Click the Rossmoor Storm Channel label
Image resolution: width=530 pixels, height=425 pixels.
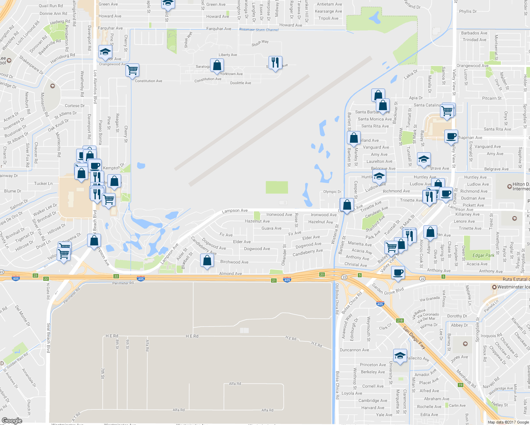tap(259, 30)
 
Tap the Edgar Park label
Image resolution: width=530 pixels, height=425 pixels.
tap(483, 255)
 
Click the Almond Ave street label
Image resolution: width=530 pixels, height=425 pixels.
tap(231, 273)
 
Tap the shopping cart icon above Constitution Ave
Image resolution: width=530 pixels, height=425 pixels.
tap(132, 70)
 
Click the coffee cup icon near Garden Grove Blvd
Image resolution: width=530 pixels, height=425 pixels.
tap(398, 272)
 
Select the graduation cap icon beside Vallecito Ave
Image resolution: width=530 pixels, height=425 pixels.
tap(400, 356)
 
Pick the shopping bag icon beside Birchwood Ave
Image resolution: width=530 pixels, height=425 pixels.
tap(207, 261)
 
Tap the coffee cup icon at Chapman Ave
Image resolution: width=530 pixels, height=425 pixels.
tap(451, 136)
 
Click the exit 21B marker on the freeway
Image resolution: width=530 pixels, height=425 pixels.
tap(400, 321)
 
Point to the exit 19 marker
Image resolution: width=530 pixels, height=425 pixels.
tap(461, 385)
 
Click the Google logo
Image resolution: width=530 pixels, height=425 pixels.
tap(12, 421)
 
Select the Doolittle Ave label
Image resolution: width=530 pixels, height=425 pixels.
tap(241, 83)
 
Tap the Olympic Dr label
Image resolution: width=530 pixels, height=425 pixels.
tap(332, 192)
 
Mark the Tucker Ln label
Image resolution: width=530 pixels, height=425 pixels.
tap(43, 183)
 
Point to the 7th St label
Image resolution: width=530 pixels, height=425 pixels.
tap(102, 373)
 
